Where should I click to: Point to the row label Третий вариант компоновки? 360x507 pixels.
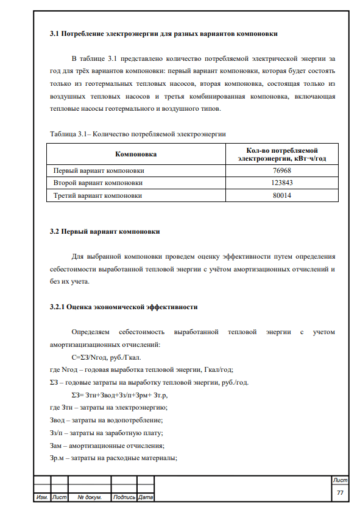click(98, 195)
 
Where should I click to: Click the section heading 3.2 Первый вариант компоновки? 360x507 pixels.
click(105, 231)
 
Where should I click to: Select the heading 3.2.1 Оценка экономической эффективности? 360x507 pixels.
click(123, 306)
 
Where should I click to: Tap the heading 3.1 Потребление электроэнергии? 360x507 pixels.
click(163, 34)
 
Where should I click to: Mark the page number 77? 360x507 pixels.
click(341, 491)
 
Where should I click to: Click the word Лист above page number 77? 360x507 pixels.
click(341, 481)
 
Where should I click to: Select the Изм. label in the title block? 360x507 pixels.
click(42, 497)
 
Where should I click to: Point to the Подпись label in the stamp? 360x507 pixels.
click(124, 497)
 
